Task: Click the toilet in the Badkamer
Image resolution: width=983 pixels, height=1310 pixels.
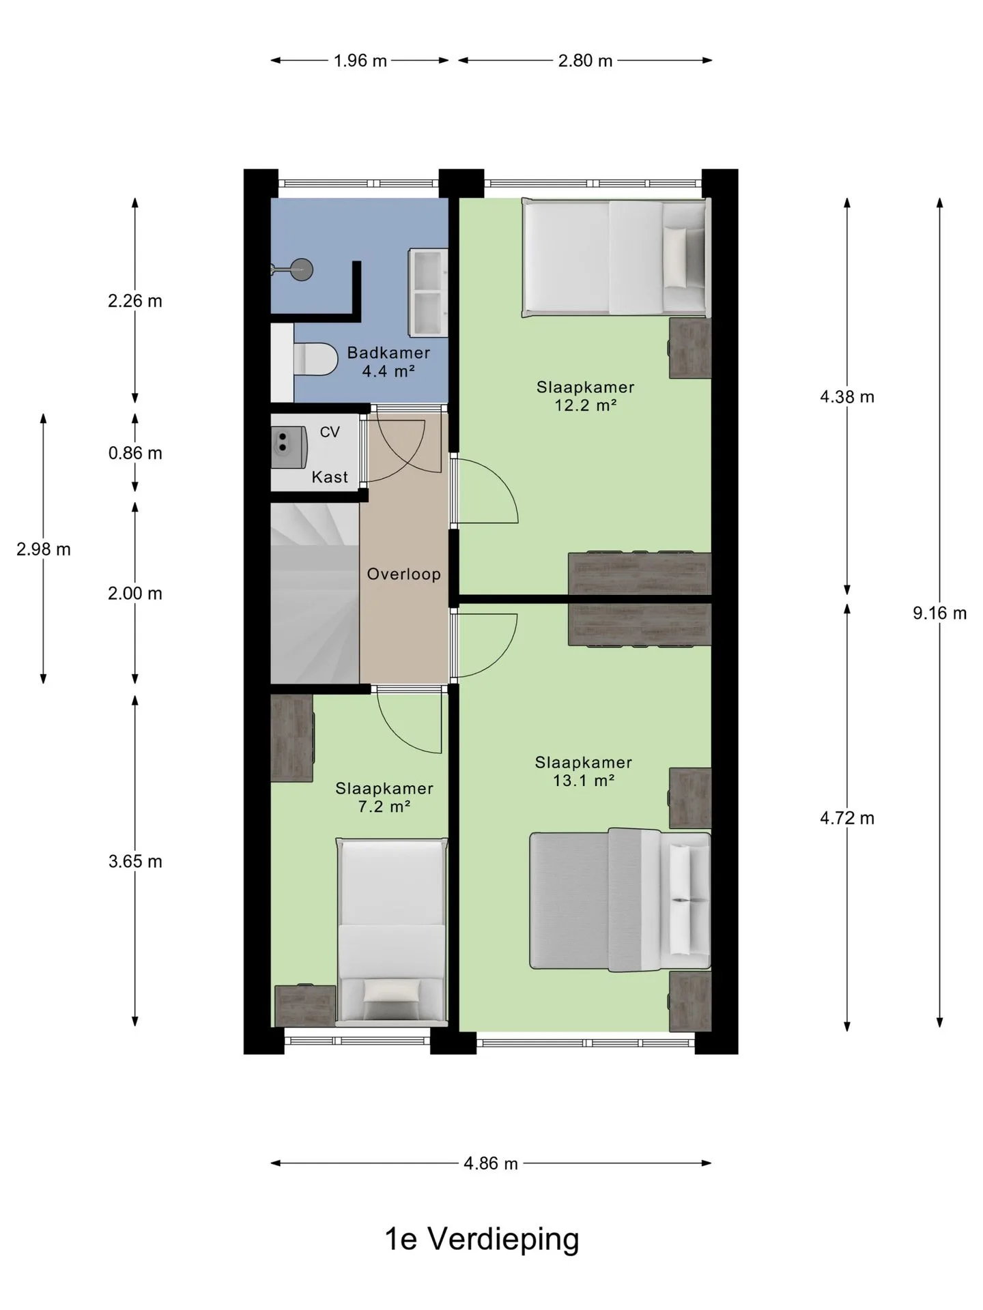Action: (315, 360)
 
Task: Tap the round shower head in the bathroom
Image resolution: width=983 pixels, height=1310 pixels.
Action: (301, 270)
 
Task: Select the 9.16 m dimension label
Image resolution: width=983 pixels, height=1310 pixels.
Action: (939, 613)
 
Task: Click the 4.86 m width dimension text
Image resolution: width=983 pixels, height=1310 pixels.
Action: (491, 1163)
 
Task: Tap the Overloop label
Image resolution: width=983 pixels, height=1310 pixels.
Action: (403, 574)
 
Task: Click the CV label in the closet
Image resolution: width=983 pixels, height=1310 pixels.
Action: (330, 432)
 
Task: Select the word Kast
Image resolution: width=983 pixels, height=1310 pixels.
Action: (330, 477)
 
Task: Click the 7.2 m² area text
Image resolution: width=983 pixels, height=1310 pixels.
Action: (384, 806)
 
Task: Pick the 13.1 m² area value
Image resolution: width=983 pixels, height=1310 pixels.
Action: (584, 781)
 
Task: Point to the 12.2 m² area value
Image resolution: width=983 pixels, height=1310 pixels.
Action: (585, 405)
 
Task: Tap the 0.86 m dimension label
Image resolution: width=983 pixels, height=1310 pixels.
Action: (135, 453)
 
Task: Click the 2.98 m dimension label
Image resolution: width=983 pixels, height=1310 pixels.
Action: (44, 549)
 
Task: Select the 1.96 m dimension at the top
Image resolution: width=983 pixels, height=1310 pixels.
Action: (360, 61)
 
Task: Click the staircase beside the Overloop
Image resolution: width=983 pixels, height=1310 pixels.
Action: (315, 593)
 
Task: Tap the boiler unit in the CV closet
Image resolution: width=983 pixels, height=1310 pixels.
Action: (289, 447)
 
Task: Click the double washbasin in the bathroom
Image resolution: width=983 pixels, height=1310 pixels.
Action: (428, 293)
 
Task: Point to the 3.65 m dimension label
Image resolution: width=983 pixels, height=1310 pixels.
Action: (135, 862)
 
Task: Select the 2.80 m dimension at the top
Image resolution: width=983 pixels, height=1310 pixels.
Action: (585, 61)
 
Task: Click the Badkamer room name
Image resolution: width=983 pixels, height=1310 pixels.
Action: (388, 353)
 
